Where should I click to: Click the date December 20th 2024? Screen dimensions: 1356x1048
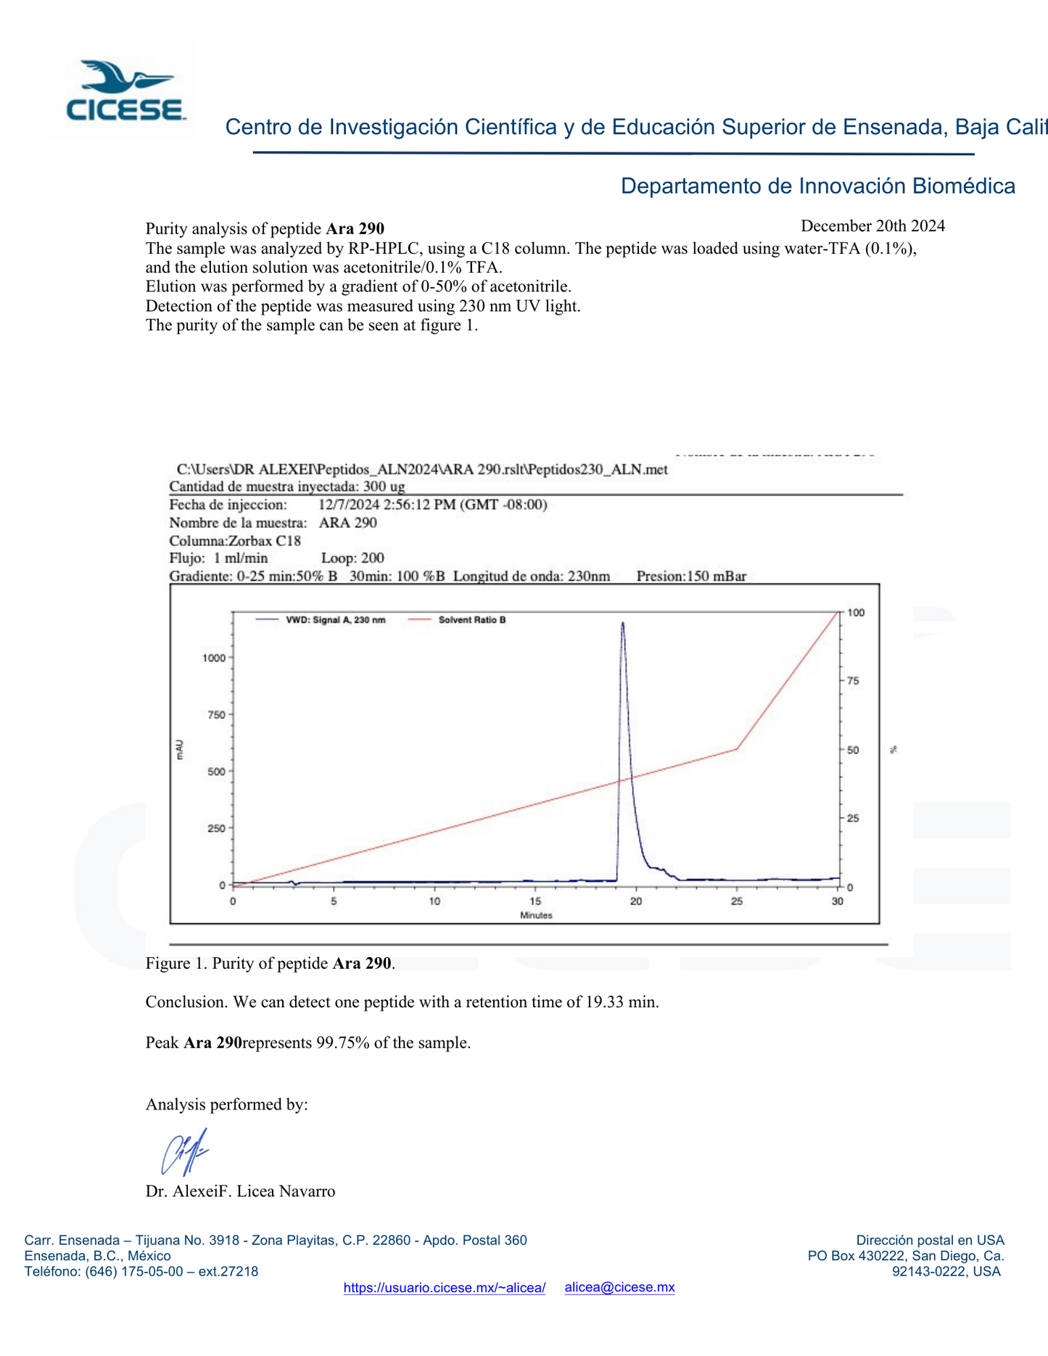point(872,226)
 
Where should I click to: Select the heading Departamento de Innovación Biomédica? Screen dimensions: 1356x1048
point(817,186)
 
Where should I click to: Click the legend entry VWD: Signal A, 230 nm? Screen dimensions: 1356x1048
point(335,620)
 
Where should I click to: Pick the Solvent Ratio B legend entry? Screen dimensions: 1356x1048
point(471,620)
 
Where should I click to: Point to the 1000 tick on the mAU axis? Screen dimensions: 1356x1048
point(215,658)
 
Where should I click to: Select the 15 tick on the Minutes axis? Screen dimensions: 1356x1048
point(535,901)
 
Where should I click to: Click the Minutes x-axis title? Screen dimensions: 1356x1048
point(536,915)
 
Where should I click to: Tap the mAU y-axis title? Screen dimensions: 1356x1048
point(180,750)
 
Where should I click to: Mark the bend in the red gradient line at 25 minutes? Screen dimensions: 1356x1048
point(737,749)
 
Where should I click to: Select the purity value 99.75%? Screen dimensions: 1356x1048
point(343,1043)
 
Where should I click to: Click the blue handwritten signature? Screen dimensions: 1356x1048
point(184,1152)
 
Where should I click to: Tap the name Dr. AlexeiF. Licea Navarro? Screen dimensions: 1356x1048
point(240,1191)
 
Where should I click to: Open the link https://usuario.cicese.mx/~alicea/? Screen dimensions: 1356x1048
point(444,1288)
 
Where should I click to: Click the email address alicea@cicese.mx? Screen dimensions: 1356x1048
point(619,1287)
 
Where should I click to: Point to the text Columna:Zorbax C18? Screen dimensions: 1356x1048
point(234,541)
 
